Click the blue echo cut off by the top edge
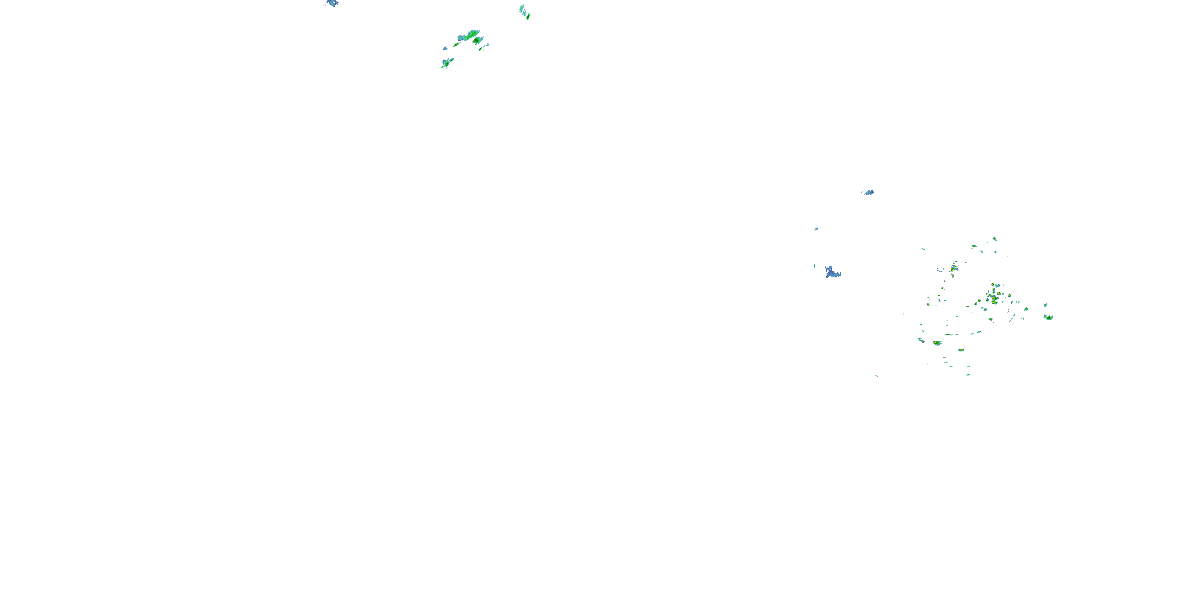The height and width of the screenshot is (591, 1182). pyautogui.click(x=332, y=3)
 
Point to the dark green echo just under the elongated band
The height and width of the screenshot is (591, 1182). pyautogui.click(x=478, y=41)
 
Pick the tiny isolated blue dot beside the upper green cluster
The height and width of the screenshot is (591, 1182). pyautogui.click(x=445, y=48)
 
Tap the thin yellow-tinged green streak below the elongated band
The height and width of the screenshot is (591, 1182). pyautogui.click(x=483, y=47)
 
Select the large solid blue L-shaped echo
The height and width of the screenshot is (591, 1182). pyautogui.click(x=832, y=273)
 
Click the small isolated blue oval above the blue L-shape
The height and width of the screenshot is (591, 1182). pyautogui.click(x=868, y=192)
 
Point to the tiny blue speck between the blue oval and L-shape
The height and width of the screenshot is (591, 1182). pyautogui.click(x=816, y=229)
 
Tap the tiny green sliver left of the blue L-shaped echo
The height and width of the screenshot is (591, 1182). pyautogui.click(x=814, y=266)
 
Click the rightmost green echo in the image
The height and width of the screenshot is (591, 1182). pyautogui.click(x=1048, y=317)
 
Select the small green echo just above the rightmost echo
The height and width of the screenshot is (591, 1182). pyautogui.click(x=1045, y=305)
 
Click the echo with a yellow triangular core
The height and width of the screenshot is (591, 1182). pyautogui.click(x=936, y=343)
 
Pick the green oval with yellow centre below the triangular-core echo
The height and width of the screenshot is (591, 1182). pyautogui.click(x=961, y=350)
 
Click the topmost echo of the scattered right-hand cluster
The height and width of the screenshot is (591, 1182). pyautogui.click(x=995, y=239)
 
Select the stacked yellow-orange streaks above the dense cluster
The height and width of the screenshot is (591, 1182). pyautogui.click(x=954, y=267)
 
